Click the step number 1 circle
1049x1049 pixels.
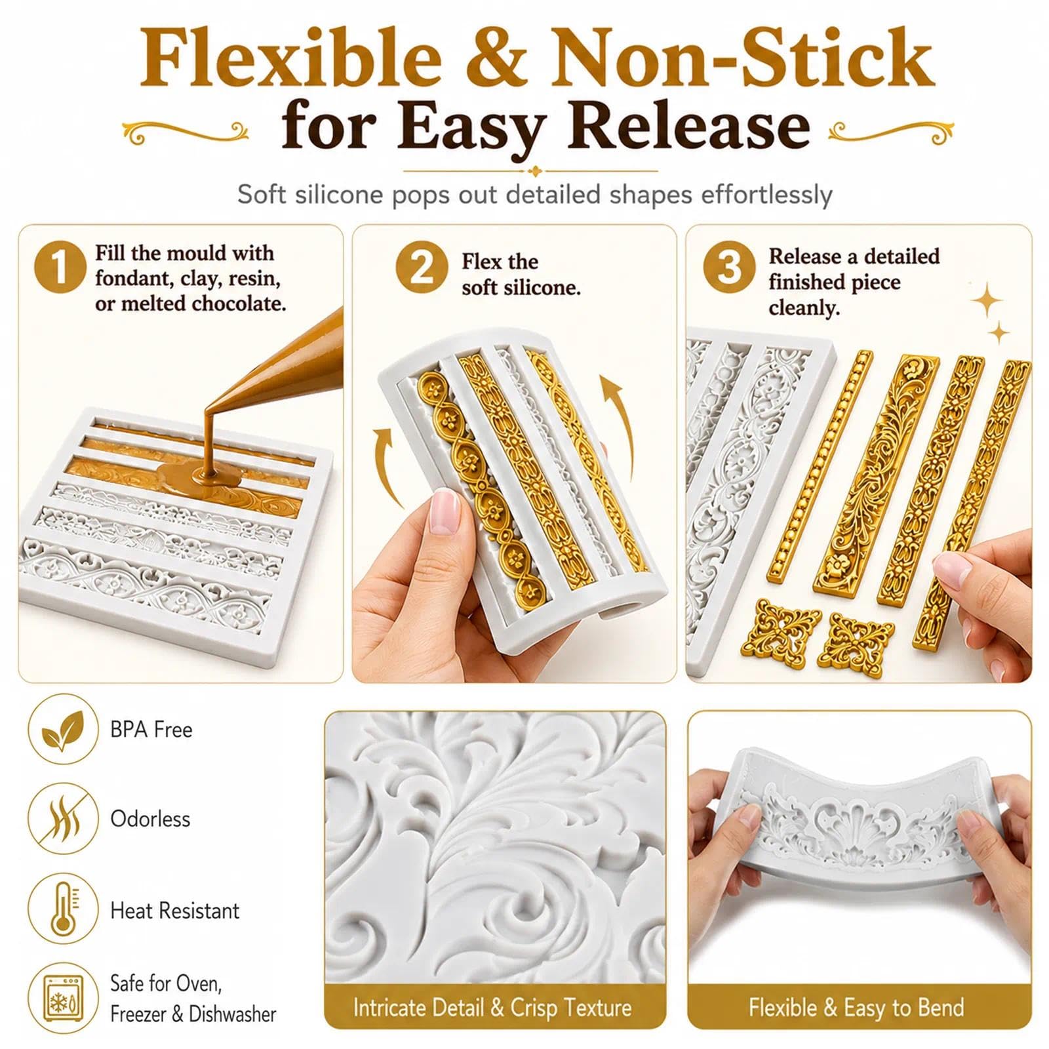point(60,267)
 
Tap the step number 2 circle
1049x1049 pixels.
point(422,267)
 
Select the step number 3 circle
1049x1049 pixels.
point(730,267)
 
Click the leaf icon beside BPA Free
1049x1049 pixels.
point(63,730)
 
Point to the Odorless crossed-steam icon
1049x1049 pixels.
point(63,819)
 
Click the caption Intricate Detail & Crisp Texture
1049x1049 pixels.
point(492,1008)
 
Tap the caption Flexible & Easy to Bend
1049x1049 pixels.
point(856,1008)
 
